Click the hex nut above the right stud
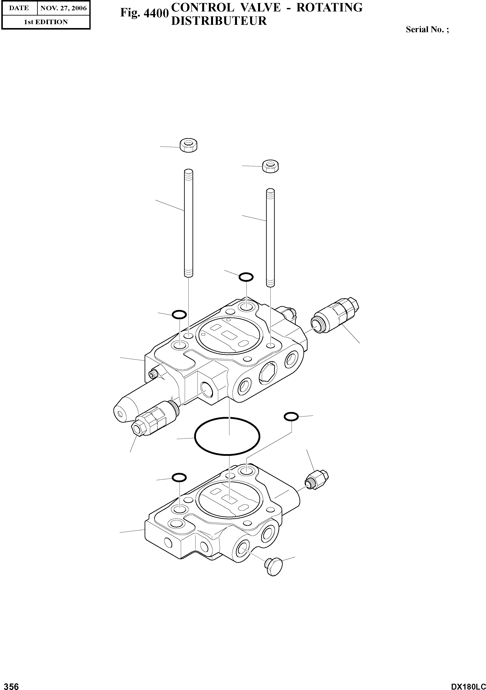(x=270, y=166)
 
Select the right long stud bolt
(x=270, y=237)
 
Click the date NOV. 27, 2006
(x=63, y=8)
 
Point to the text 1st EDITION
(x=46, y=22)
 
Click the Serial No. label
(x=427, y=29)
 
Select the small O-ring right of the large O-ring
(x=291, y=417)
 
